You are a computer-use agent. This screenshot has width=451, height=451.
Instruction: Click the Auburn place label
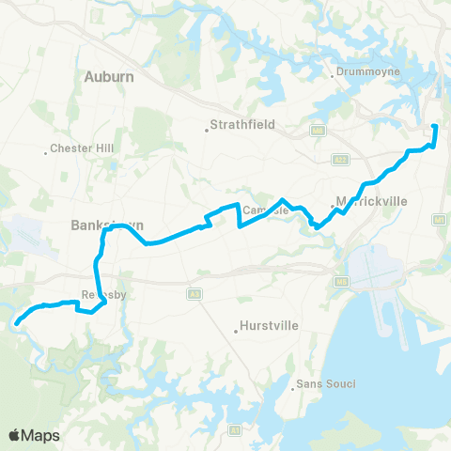point(109,76)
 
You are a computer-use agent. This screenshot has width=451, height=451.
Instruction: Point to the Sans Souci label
point(326,384)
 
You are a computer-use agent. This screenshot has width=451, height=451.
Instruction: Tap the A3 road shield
point(194,292)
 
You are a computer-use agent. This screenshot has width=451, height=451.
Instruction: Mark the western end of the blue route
point(17,323)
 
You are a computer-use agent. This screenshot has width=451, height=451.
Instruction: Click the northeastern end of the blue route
point(433,126)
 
